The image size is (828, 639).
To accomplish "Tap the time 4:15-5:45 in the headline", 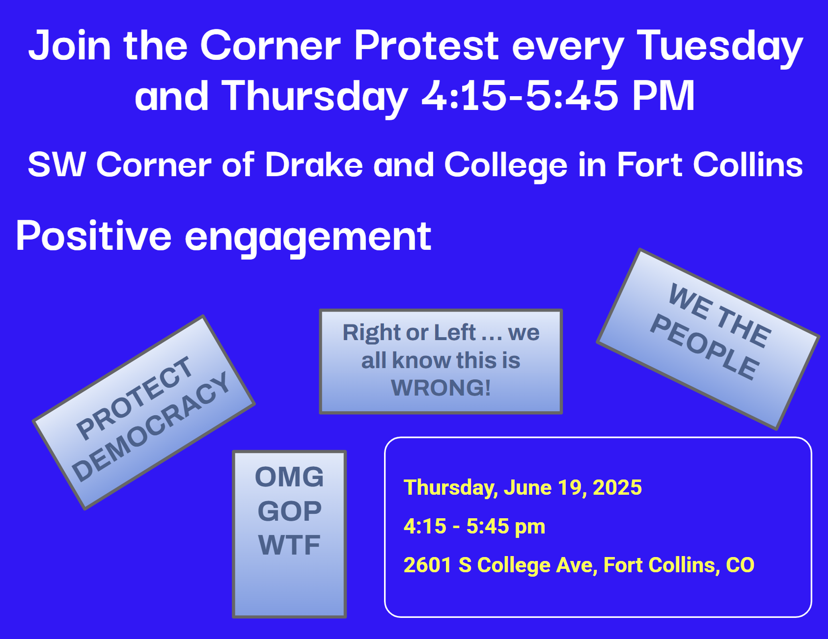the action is coord(520,95).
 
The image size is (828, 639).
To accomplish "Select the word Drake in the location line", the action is coord(314,164).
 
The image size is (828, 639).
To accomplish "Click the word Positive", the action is coord(94,236).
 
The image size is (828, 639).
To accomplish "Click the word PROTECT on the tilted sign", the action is coord(134,397).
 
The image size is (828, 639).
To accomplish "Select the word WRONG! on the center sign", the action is coord(441,388).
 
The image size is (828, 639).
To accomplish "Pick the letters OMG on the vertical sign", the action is coord(289,477).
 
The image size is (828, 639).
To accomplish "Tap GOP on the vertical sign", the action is coord(290,511).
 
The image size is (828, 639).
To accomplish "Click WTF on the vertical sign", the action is coord(289,545).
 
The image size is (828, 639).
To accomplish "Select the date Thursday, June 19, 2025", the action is coord(523,488).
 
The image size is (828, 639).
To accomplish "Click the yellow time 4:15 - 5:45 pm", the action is coord(474,526).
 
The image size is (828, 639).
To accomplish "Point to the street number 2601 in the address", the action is coord(427,565).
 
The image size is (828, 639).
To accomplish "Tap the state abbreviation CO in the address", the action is coord(740,565).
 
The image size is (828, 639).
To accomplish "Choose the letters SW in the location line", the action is coord(56,164).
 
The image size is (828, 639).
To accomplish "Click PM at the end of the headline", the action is coord(663,95).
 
